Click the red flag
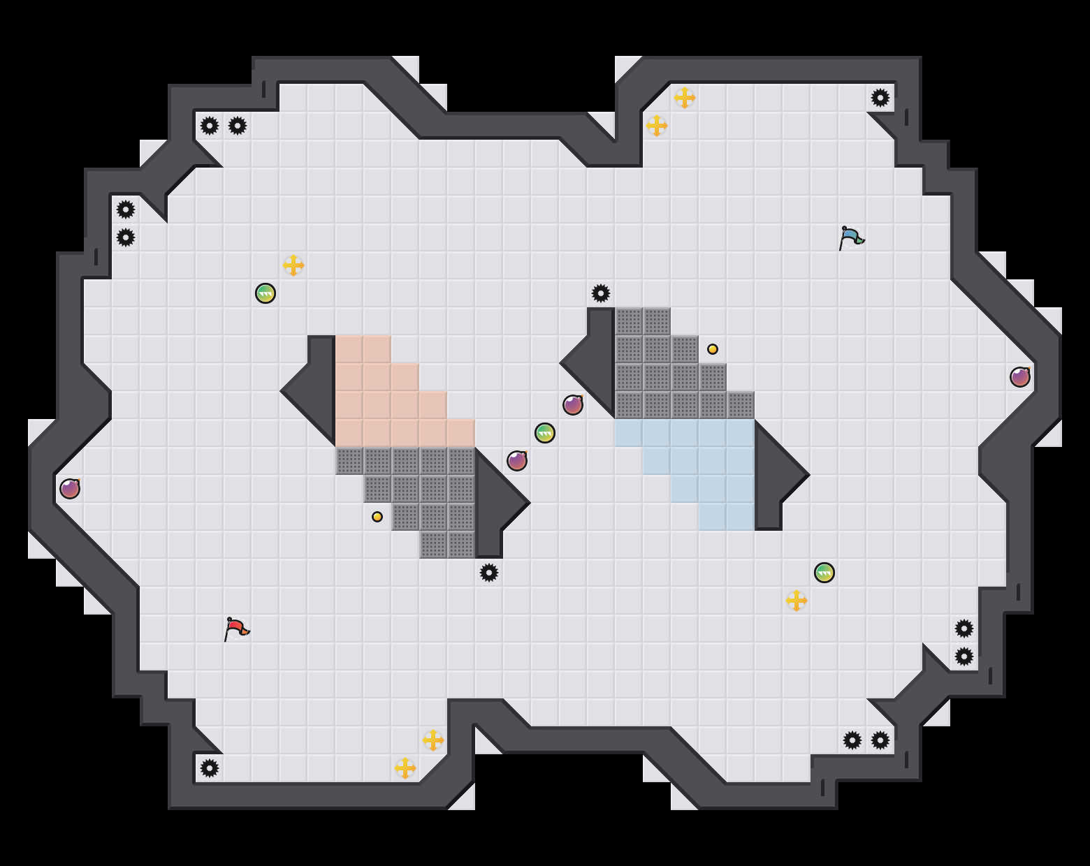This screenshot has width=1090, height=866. coord(236,628)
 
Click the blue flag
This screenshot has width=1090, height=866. coord(851,237)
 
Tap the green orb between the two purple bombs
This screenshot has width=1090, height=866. coord(545,433)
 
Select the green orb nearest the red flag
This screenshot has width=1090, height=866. coord(266,293)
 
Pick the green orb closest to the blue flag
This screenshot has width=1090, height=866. coord(824,573)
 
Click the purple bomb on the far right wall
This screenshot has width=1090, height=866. coord(1020,377)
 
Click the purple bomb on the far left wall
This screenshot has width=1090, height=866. coord(70,489)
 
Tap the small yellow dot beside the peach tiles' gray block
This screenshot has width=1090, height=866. coord(377,517)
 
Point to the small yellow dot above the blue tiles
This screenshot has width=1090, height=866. coord(713,349)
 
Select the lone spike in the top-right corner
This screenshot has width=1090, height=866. coord(880,98)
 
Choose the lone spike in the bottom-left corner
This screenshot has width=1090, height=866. coord(210,768)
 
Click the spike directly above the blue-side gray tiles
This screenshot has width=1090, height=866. coord(601,293)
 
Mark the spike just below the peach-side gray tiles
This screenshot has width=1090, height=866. coord(489,573)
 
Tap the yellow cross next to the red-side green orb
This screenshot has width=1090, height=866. coord(293,265)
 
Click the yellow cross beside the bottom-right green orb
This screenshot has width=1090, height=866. coord(797,601)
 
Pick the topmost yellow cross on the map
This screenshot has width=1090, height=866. coord(685,98)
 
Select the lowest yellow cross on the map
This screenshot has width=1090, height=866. coord(405,768)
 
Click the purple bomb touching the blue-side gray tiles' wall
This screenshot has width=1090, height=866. coord(573,405)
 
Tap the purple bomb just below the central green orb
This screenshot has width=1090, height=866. coord(517,461)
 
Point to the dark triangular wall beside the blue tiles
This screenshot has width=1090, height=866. coord(776,475)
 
